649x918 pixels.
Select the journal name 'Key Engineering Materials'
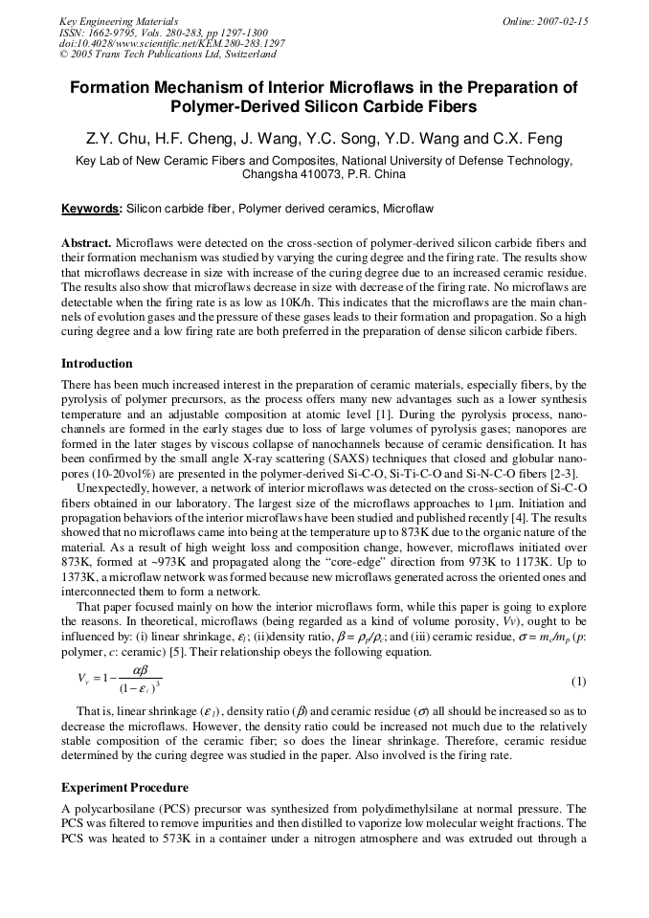119,21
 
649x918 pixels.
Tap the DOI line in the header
171,44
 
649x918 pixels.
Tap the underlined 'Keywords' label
90,208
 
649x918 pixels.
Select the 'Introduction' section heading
97,364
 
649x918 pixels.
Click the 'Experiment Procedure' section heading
124,787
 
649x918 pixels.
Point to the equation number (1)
578,681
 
